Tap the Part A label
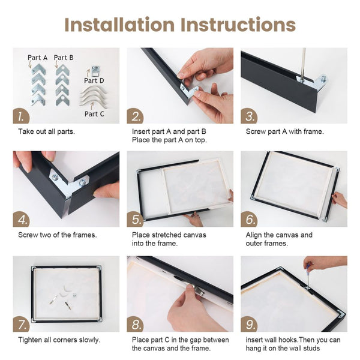coord(37,58)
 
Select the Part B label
coord(64,58)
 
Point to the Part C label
coord(94,113)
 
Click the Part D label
coord(94,80)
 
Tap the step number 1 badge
coord(22,116)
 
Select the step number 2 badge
coord(136,116)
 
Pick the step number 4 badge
coord(22,219)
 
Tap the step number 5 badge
coord(136,219)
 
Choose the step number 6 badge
coord(250,219)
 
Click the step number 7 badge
coord(22,324)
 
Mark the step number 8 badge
coord(136,324)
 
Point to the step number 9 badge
coord(250,324)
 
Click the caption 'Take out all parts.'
coord(47,131)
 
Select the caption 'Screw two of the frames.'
coord(55,235)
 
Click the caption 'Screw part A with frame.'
coord(284,131)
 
